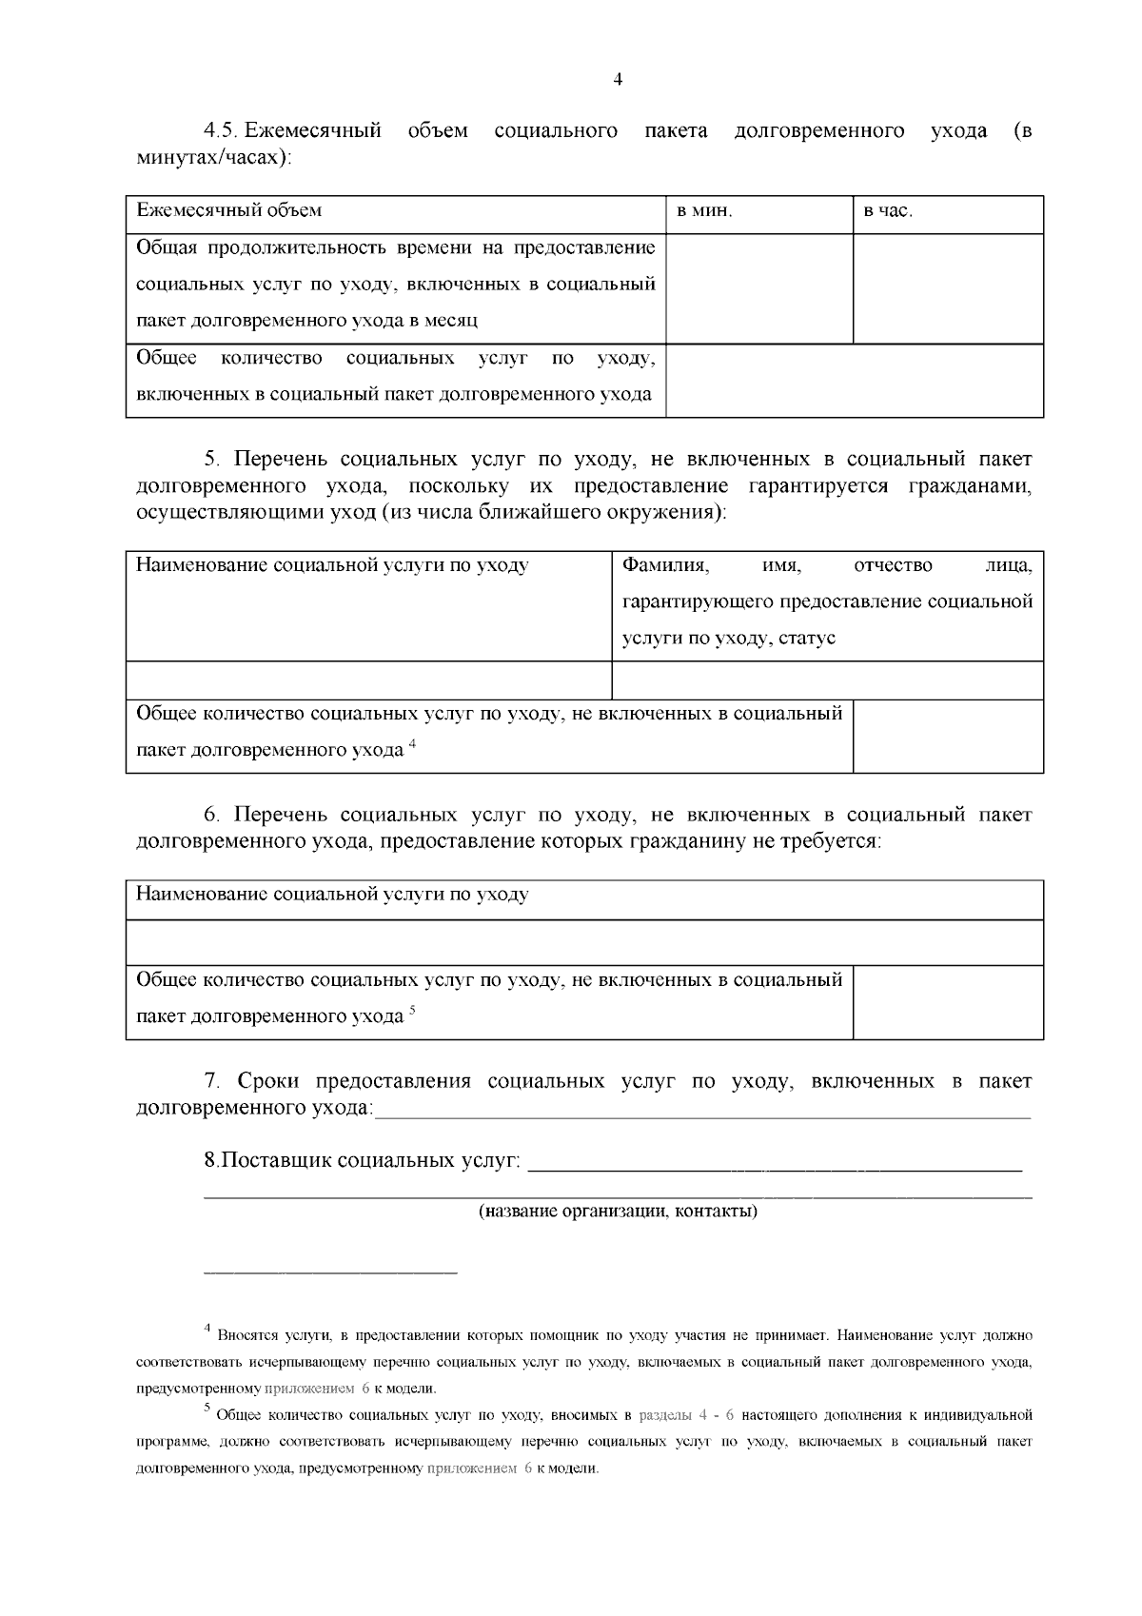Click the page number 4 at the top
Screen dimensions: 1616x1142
tap(618, 81)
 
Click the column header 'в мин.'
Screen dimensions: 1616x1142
tap(704, 211)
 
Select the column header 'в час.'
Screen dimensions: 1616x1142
tap(888, 211)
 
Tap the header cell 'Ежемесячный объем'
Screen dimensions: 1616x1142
tap(229, 210)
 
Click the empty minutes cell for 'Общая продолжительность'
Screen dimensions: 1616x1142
tap(758, 287)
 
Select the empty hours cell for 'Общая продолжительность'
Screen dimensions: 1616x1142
tap(947, 287)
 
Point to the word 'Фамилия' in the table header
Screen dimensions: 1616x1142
tap(664, 565)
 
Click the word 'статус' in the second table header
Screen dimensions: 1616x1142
tap(806, 638)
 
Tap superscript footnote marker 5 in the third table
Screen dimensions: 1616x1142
tap(413, 1010)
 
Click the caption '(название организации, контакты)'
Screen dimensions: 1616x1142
tap(618, 1212)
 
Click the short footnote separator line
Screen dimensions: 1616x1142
tap(330, 1271)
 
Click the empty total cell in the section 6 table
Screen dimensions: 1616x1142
tap(947, 1002)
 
